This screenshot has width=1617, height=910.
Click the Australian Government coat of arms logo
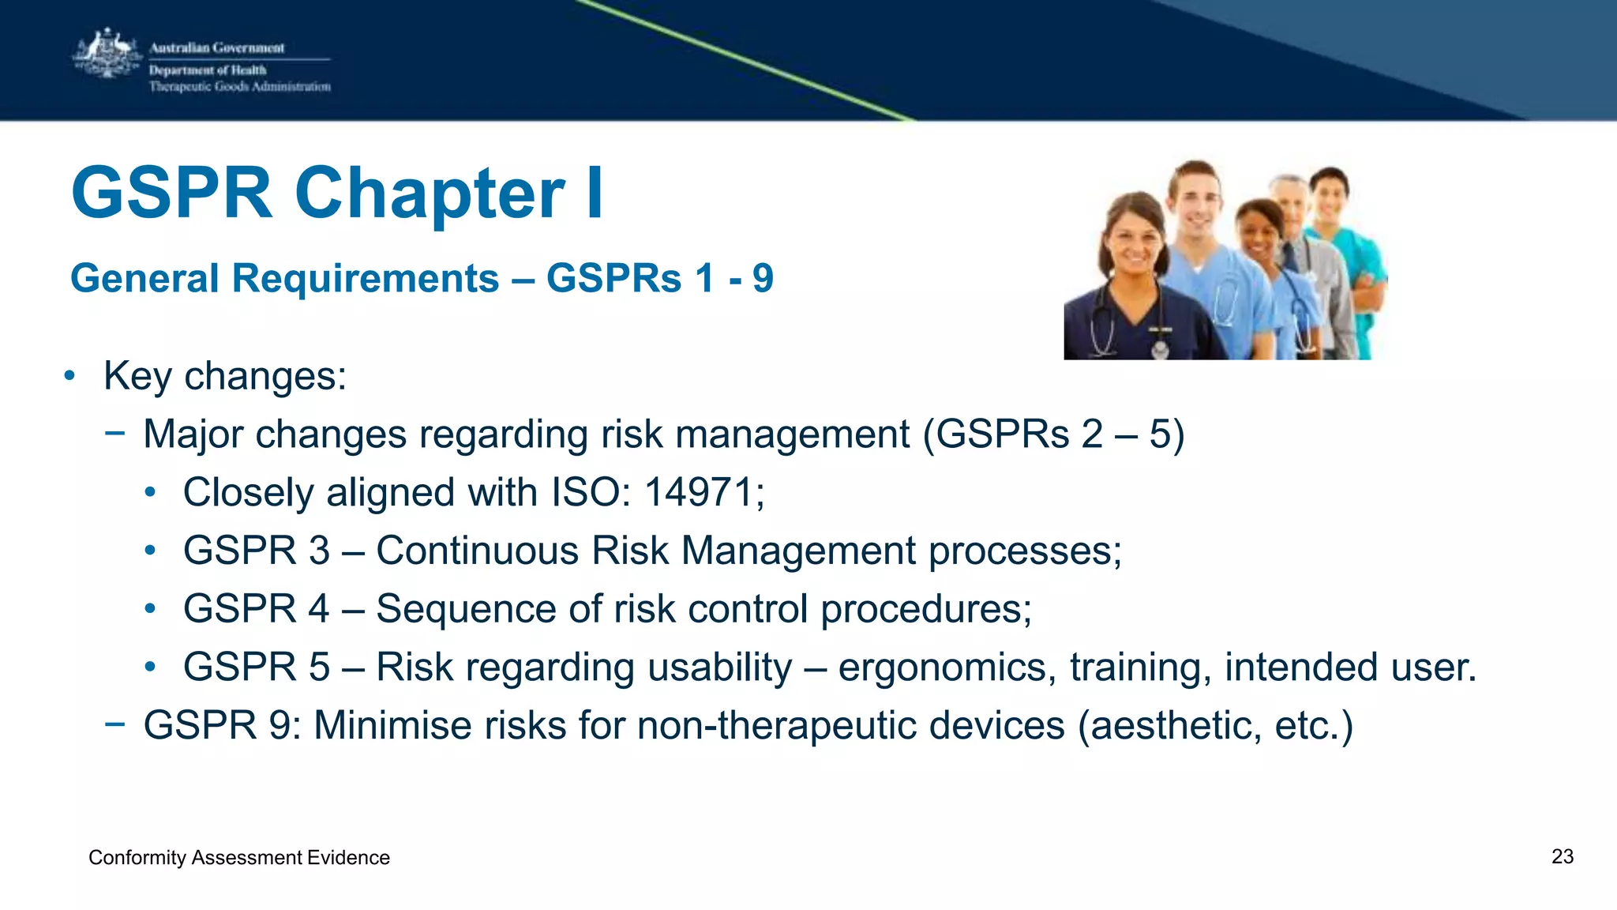(107, 53)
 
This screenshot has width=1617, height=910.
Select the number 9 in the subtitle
(762, 278)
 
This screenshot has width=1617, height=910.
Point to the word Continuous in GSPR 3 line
(477, 551)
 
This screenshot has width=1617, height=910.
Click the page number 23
(1562, 856)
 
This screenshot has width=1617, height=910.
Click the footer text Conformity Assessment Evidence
(238, 857)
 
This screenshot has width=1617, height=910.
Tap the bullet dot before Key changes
(69, 375)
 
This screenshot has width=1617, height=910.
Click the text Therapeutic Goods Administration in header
(239, 87)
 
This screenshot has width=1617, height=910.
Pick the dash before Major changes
(114, 432)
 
